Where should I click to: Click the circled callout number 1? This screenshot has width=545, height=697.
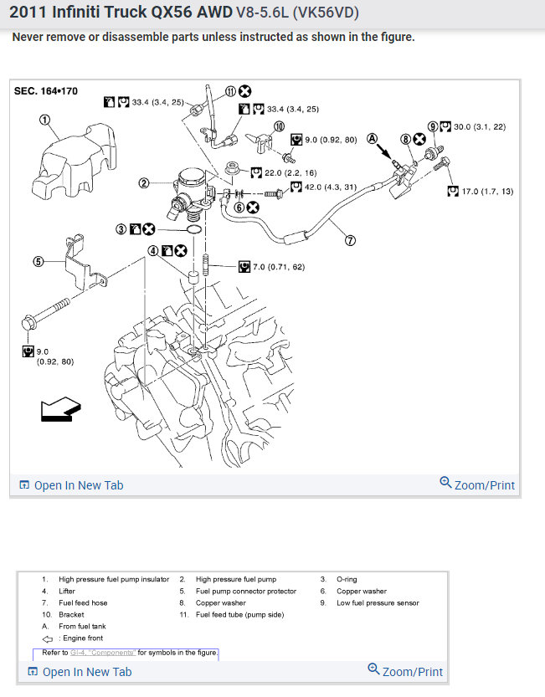44,120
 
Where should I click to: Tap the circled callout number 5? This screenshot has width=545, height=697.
38,261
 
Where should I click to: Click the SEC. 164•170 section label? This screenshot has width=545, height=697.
46,91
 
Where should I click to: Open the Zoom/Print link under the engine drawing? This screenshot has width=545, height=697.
477,484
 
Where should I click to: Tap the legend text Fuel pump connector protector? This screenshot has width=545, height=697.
246,591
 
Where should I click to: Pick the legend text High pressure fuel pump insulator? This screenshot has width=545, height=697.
106,579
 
